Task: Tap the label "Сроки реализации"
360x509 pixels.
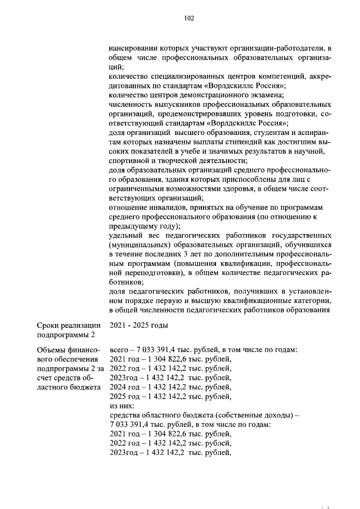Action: click(x=69, y=325)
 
